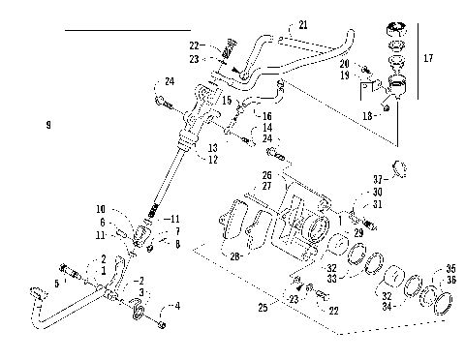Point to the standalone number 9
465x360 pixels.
coord(47,125)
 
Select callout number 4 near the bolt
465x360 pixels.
coord(176,307)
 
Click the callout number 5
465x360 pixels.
coord(56,284)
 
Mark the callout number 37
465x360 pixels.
coord(379,178)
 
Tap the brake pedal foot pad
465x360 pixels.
coord(37,291)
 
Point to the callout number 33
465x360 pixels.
coord(332,279)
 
